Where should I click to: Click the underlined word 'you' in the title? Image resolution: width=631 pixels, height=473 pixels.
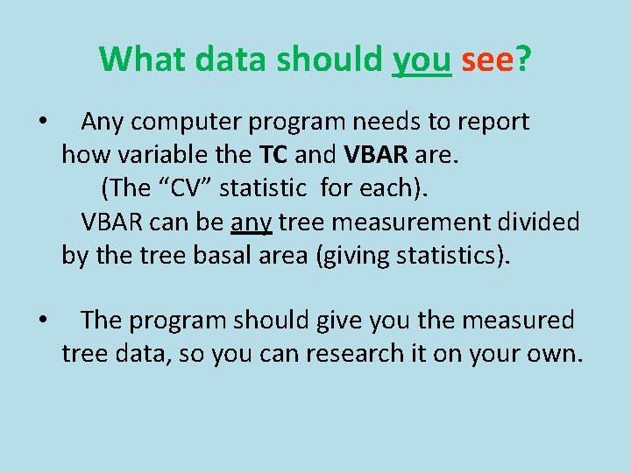click(x=422, y=60)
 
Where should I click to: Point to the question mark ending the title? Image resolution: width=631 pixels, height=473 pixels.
click(x=524, y=60)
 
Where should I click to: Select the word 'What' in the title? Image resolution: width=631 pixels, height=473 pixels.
click(x=143, y=60)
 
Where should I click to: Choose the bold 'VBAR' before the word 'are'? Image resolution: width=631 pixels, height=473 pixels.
click(x=375, y=155)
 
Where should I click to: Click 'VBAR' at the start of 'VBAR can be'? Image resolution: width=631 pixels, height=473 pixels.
click(x=112, y=222)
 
